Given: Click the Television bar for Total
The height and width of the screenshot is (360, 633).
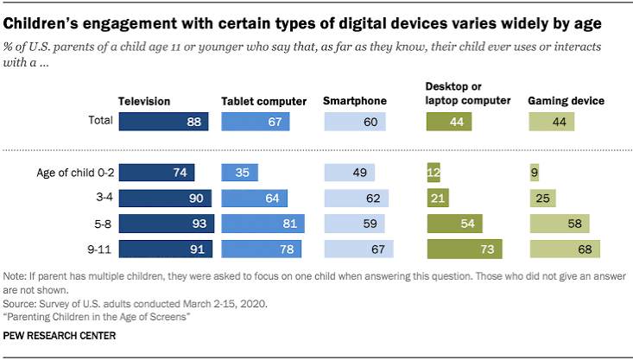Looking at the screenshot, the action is tap(163, 122).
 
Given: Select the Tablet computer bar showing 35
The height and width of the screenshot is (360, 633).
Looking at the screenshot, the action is tap(240, 173).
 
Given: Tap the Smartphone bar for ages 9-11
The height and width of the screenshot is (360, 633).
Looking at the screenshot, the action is tap(359, 249).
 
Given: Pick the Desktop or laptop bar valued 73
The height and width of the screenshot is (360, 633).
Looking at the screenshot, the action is tap(465, 249).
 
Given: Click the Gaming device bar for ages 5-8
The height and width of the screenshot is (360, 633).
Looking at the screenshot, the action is tap(560, 224).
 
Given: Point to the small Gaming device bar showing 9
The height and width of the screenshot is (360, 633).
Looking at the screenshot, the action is tap(534, 173).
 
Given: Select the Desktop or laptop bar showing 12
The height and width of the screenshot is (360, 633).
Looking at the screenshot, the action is tap(434, 173).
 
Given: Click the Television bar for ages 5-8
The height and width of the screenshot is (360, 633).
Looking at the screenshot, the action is tap(167, 224).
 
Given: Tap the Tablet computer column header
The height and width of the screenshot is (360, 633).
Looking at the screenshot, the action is tap(263, 101).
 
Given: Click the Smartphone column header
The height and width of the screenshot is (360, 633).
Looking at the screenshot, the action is tap(355, 101).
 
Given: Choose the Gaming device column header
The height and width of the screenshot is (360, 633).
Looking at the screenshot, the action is tap(566, 101).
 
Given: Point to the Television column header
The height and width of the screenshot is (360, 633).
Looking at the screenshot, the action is tap(144, 101).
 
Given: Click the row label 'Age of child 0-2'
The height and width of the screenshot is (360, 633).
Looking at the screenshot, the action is tap(75, 173).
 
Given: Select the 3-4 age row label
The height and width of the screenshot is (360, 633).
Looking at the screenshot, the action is tap(104, 198).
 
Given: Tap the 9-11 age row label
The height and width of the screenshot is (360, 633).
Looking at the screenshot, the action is tap(99, 249).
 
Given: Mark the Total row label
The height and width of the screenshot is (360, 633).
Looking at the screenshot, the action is tap(100, 120).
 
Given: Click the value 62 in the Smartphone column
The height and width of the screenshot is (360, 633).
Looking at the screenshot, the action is tap(373, 199).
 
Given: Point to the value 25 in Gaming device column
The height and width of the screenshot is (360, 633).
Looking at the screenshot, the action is tap(542, 199).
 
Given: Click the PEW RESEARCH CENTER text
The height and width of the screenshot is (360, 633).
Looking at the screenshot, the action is tap(60, 336).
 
